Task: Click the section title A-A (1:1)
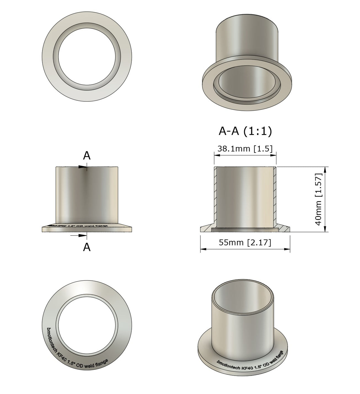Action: coord(245,131)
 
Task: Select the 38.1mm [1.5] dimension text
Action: coord(245,148)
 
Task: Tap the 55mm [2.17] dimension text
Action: coord(245,242)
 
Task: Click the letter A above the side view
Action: coord(87,155)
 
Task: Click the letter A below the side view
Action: coord(87,247)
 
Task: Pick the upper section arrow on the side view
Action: coord(82,167)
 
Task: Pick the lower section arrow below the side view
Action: coord(82,235)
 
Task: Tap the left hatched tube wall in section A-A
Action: coord(215,196)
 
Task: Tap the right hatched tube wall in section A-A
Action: coord(275,196)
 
